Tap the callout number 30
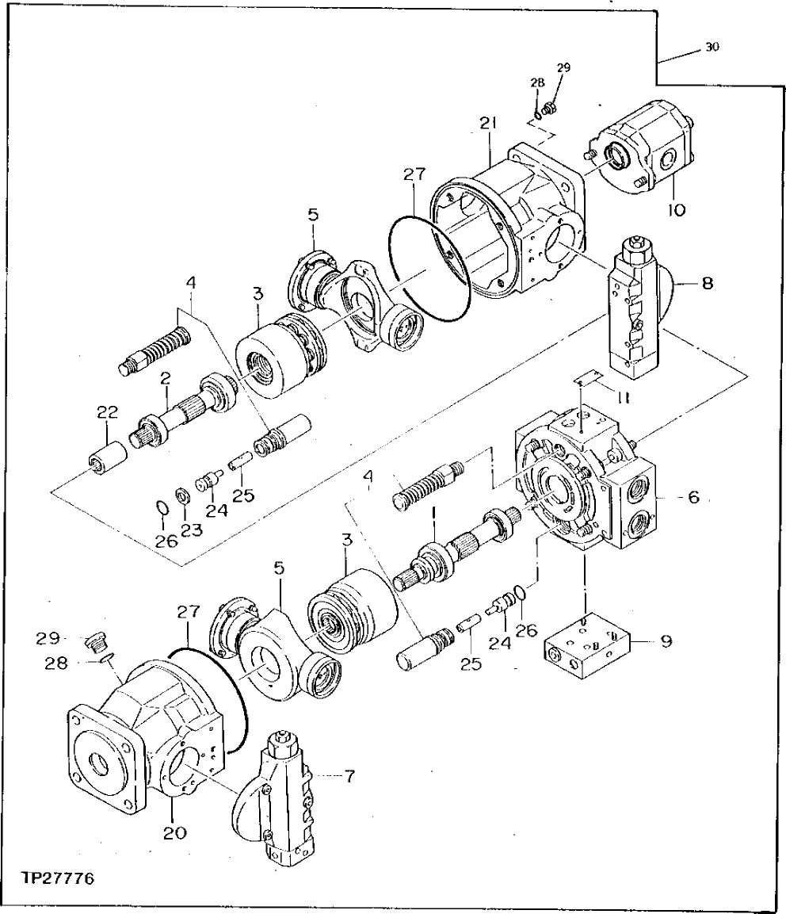[712, 48]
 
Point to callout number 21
[487, 122]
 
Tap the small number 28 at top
[537, 82]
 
